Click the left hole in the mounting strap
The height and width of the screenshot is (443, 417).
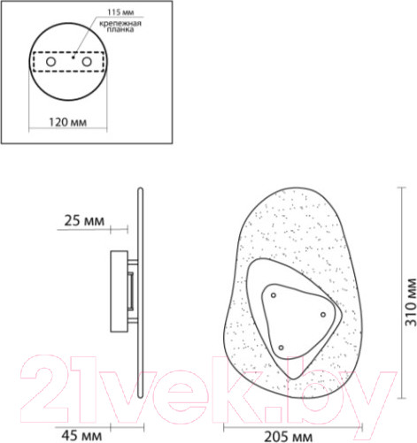pyautogui.click(x=51, y=64)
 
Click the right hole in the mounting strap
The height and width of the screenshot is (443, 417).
pyautogui.click(x=87, y=64)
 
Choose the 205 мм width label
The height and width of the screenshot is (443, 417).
pyautogui.click(x=293, y=434)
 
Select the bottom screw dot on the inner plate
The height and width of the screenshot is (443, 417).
pyautogui.click(x=282, y=347)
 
